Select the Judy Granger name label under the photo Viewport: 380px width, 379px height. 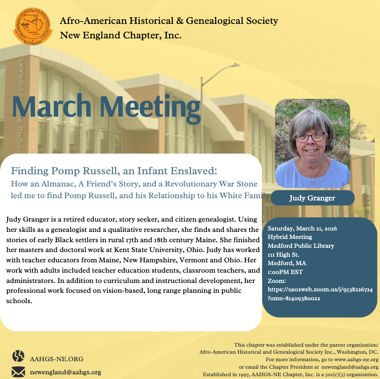pos(312,198)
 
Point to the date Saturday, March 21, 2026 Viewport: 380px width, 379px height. pos(302,229)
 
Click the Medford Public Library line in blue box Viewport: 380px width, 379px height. pos(301,245)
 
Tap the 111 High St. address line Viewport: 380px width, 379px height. pos(283,254)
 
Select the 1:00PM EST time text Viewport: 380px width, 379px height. pos(285,272)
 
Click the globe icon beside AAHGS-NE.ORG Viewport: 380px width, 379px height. pos(18,356)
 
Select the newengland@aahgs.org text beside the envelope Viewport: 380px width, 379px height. pos(65,372)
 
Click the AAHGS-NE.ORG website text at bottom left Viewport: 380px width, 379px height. pos(56,359)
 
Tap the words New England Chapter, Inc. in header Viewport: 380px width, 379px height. pos(121,35)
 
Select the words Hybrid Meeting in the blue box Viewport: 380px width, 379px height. pos(286,237)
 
